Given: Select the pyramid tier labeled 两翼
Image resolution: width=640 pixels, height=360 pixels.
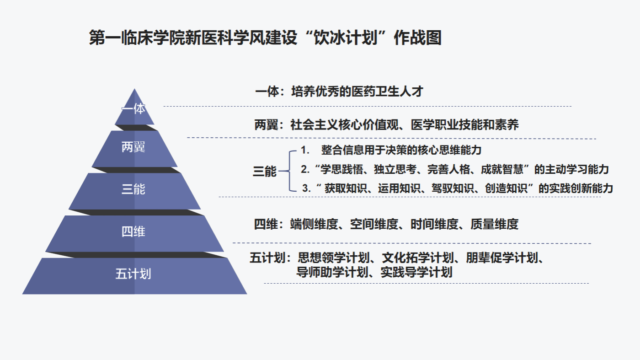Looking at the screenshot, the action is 134,149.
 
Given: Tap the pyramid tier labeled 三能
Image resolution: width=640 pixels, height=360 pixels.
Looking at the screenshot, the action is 134,191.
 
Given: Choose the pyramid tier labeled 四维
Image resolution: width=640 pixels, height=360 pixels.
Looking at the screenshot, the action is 134,233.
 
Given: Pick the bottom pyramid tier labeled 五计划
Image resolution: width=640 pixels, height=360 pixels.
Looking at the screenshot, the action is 134,276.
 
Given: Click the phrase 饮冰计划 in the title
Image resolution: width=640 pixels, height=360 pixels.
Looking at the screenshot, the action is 346,38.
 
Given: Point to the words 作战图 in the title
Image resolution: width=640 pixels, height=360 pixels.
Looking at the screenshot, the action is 418,38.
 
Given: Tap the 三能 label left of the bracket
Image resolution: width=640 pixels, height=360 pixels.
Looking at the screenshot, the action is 265,172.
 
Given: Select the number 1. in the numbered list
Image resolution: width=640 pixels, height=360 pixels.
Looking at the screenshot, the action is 305,150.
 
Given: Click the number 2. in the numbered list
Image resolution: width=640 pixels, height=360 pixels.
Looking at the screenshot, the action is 305,169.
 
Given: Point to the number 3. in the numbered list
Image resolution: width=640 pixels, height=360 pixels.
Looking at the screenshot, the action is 307,188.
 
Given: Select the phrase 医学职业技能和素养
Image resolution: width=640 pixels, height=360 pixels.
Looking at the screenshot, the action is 465,125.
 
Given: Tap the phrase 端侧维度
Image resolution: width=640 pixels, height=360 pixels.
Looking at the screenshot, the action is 315,224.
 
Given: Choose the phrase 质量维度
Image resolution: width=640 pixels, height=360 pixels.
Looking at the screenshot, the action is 495,224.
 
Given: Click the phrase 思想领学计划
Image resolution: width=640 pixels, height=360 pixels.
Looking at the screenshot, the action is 334,258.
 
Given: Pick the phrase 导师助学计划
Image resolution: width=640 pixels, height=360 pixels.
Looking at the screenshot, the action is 332,272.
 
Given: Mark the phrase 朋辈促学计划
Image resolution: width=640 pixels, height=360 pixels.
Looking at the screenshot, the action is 502,258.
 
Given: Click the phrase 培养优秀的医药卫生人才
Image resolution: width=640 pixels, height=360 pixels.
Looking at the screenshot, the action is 357,92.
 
